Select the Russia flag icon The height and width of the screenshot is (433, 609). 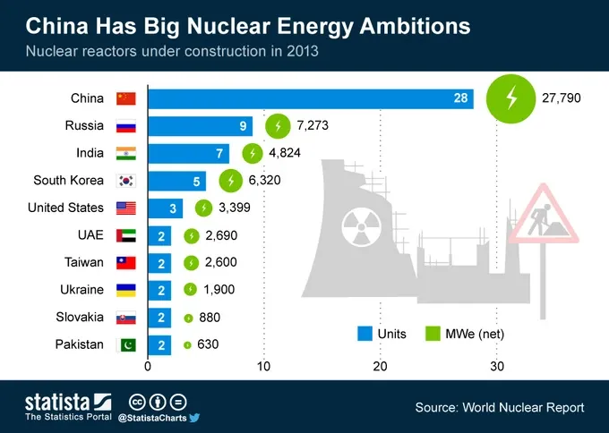126,126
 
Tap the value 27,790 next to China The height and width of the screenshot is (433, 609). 562,98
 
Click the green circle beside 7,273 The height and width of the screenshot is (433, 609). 279,126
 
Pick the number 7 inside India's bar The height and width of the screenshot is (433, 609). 219,154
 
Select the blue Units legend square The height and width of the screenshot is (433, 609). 365,334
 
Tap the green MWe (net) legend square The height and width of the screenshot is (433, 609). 432,334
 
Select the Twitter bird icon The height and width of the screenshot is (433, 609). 193,417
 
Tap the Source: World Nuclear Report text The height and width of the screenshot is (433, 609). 499,408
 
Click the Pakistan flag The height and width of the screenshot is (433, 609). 126,345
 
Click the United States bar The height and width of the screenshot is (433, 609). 165,208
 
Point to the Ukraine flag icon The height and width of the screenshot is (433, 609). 126,290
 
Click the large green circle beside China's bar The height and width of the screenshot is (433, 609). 510,98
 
